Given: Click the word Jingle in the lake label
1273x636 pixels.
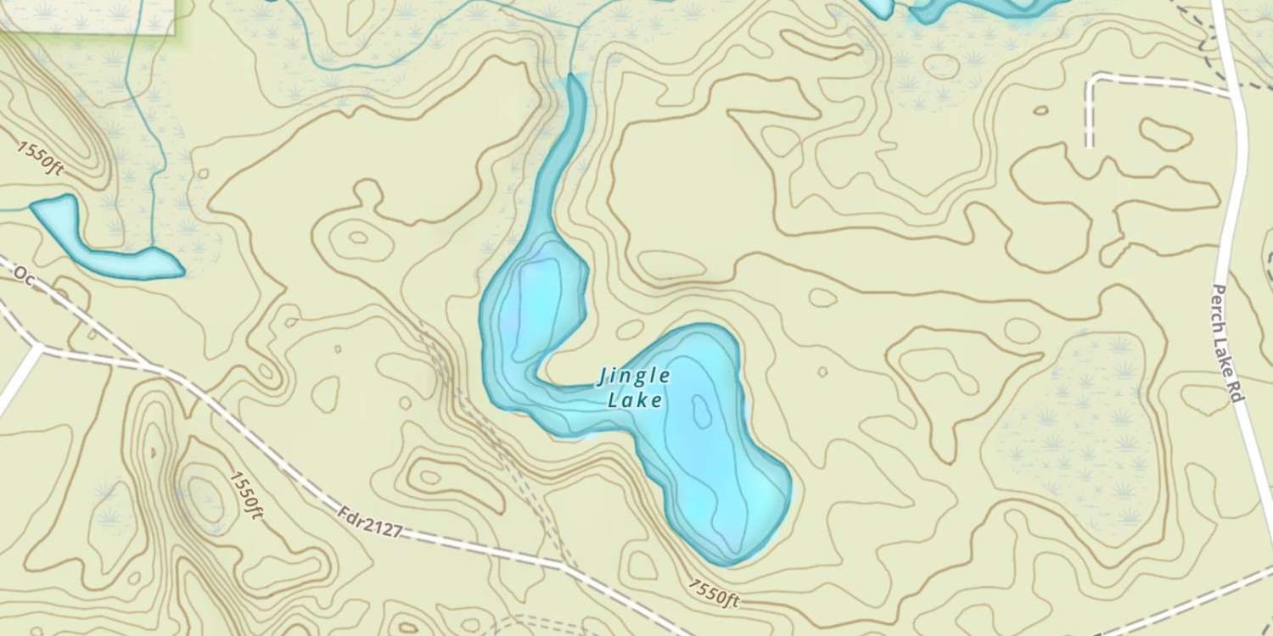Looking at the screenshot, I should tap(635, 376).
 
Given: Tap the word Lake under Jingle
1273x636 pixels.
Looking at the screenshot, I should tap(635, 399).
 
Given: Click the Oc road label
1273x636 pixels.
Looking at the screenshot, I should tap(23, 277).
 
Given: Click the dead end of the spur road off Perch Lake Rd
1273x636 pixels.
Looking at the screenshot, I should tap(1089, 146).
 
